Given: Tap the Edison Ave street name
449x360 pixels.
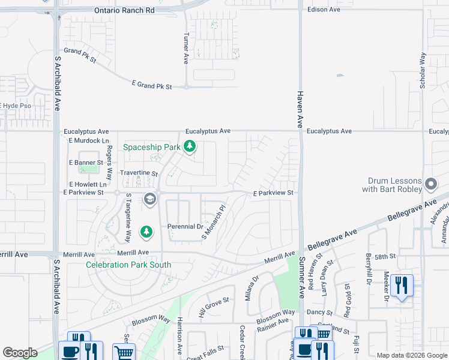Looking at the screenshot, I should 323,10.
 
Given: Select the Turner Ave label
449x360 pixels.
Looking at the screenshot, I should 186,48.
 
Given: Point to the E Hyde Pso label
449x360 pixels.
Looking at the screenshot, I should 16,106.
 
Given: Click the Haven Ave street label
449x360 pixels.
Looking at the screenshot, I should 299,109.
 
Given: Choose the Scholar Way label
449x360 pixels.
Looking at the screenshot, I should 423,71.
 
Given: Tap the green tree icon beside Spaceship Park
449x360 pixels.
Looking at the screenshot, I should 190,146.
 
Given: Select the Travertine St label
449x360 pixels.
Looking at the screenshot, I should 139,174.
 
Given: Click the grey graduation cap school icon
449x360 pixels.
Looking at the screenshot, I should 149,199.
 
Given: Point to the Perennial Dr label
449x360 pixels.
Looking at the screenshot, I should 185,226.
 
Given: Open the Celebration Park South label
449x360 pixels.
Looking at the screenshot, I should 128,265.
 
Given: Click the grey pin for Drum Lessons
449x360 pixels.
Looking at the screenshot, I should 430,184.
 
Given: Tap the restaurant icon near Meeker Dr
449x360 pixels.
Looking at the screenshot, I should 402,286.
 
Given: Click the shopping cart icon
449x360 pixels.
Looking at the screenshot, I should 124,352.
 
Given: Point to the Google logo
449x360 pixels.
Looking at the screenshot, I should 20,353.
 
